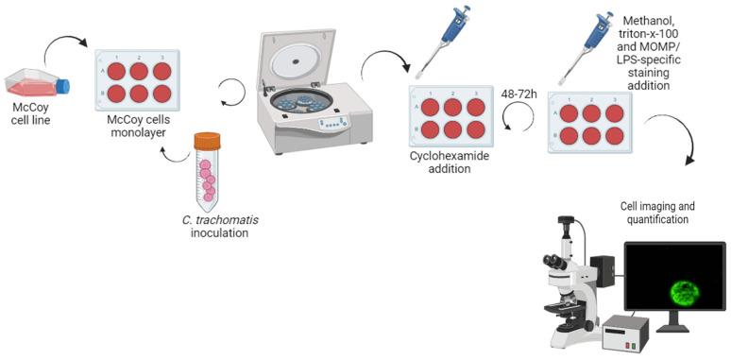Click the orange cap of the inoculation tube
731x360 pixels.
[x=207, y=142]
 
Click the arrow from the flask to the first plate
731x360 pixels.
[x=66, y=46]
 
